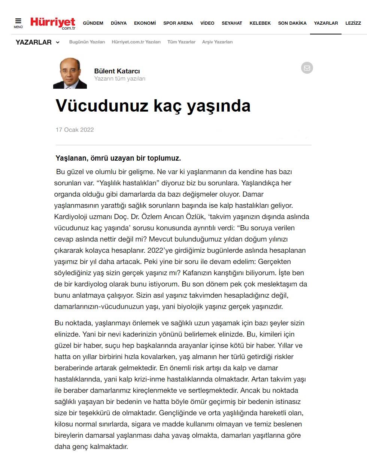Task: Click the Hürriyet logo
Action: pos(53,23)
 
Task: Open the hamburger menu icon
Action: pos(18,22)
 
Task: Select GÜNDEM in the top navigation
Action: pos(93,23)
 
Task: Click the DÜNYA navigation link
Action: pos(119,23)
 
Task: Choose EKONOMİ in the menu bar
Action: pos(145,23)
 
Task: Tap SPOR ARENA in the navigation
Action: pos(178,23)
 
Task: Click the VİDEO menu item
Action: pos(207,23)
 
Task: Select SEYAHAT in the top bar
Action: pos(232,23)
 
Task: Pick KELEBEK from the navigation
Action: pos(260,23)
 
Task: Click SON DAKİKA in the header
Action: pos(292,23)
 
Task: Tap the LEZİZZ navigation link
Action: pos(353,23)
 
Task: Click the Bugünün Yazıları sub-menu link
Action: pos(87,42)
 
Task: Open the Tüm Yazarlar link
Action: pos(181,42)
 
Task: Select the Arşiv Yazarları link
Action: pos(217,42)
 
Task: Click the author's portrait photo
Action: pos(70,73)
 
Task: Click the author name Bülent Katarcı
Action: pos(117,71)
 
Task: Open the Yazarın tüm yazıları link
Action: pos(120,79)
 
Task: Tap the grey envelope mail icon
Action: pos(307,68)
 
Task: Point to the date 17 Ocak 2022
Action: pos(75,130)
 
